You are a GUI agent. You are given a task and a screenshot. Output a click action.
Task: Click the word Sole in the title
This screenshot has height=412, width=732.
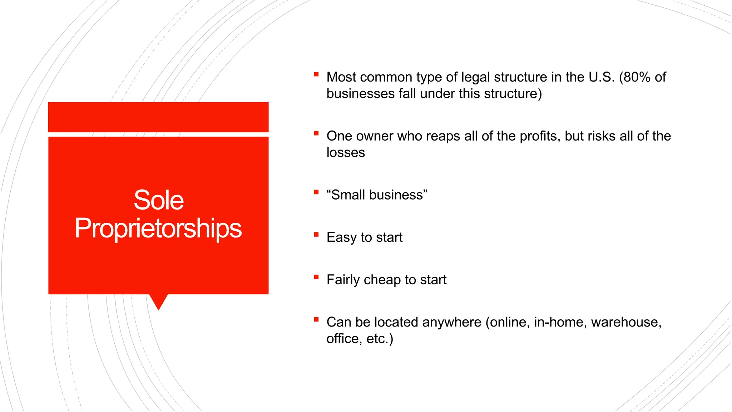159,200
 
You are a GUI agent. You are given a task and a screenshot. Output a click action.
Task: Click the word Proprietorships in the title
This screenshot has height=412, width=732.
158,228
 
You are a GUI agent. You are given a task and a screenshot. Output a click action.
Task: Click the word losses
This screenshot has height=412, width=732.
346,153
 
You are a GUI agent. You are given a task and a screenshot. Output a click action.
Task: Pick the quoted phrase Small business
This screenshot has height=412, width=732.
377,195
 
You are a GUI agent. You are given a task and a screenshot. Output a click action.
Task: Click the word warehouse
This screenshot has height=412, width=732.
626,322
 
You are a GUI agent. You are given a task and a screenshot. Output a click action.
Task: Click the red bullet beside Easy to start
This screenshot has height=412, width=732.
316,235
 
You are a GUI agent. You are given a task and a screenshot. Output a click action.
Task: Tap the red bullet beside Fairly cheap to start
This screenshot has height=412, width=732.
316,277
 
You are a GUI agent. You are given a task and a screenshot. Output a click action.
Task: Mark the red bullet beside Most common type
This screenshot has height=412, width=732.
316,74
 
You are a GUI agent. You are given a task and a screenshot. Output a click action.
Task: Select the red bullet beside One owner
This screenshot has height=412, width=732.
316,133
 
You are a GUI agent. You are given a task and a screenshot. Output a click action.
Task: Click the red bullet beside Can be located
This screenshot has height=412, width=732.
316,319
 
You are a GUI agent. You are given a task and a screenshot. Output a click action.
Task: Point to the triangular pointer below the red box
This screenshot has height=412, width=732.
158,301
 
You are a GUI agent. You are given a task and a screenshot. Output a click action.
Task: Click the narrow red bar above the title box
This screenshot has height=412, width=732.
158,117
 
